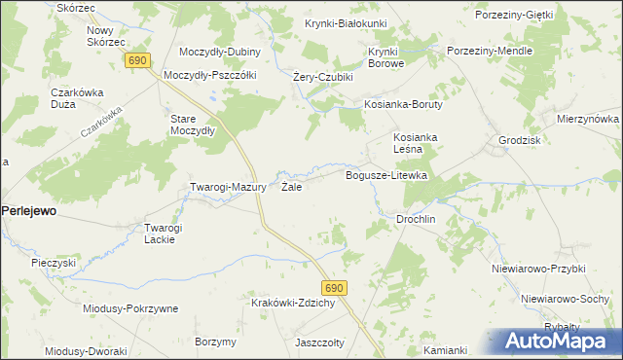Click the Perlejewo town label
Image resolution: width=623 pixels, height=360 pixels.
[29, 209]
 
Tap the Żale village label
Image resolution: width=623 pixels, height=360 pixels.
[291, 187]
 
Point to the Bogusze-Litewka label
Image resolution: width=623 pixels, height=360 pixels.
[387, 175]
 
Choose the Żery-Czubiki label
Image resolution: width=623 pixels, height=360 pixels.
[323, 77]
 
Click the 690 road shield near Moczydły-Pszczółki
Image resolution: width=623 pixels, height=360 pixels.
[137, 61]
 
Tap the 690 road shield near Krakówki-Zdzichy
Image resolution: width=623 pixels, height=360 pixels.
[335, 288]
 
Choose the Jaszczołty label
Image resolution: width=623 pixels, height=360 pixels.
[321, 342]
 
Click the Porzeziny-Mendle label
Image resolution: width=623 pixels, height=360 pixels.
[489, 50]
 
